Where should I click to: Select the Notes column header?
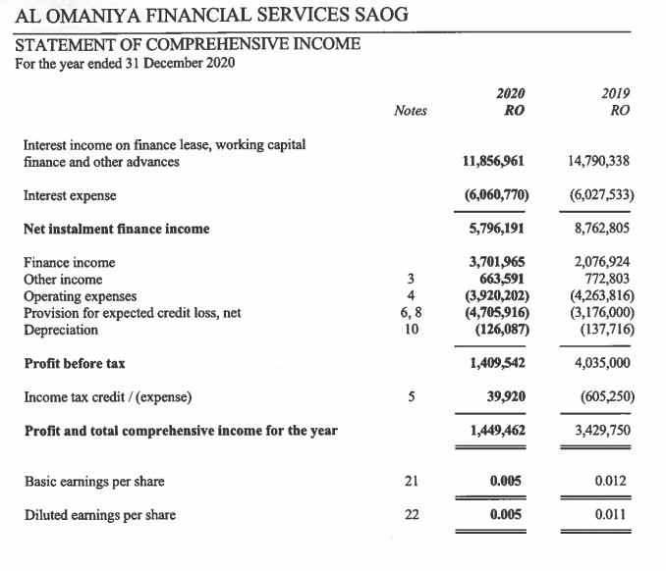pyautogui.click(x=410, y=111)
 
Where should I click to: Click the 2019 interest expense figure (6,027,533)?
pyautogui.click(x=601, y=195)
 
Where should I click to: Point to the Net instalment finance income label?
pyautogui.click(x=116, y=229)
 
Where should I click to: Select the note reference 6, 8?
pyautogui.click(x=411, y=313)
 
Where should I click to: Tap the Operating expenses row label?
pyautogui.click(x=81, y=296)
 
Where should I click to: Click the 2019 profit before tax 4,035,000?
pyautogui.click(x=601, y=363)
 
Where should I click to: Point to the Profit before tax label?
pyautogui.click(x=74, y=363)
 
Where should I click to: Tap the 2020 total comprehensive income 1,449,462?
pyautogui.click(x=496, y=431)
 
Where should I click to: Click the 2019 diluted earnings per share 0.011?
pyautogui.click(x=612, y=515)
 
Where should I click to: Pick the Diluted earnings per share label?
pyautogui.click(x=99, y=515)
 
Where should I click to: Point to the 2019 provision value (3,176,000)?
pyautogui.click(x=601, y=313)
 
